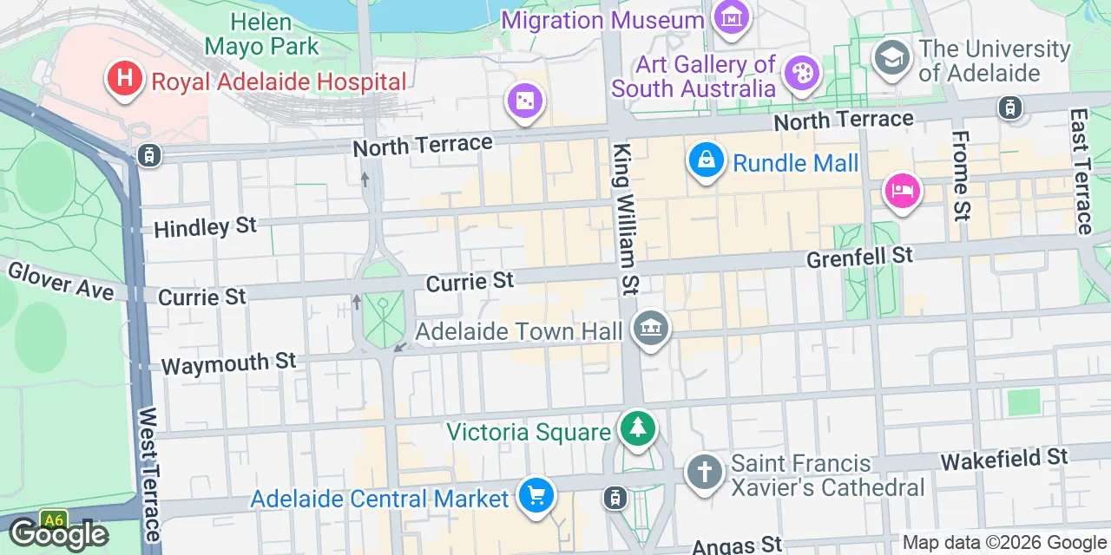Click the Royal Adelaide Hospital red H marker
pos(124,78)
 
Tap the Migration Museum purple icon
pos(732,16)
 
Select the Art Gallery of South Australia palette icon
pos(801,74)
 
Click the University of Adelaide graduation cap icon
pos(891,57)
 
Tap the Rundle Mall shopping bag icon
pos(707,160)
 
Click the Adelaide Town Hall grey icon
pos(650,328)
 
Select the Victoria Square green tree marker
pos(638,428)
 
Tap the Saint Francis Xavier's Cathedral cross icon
pos(704,473)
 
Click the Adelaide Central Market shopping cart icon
pos(536,496)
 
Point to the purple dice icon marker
pos(524,101)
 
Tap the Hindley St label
pos(205,227)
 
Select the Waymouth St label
pos(228,362)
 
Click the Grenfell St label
pos(859,257)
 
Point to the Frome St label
pos(961,173)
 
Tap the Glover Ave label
pos(60,281)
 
